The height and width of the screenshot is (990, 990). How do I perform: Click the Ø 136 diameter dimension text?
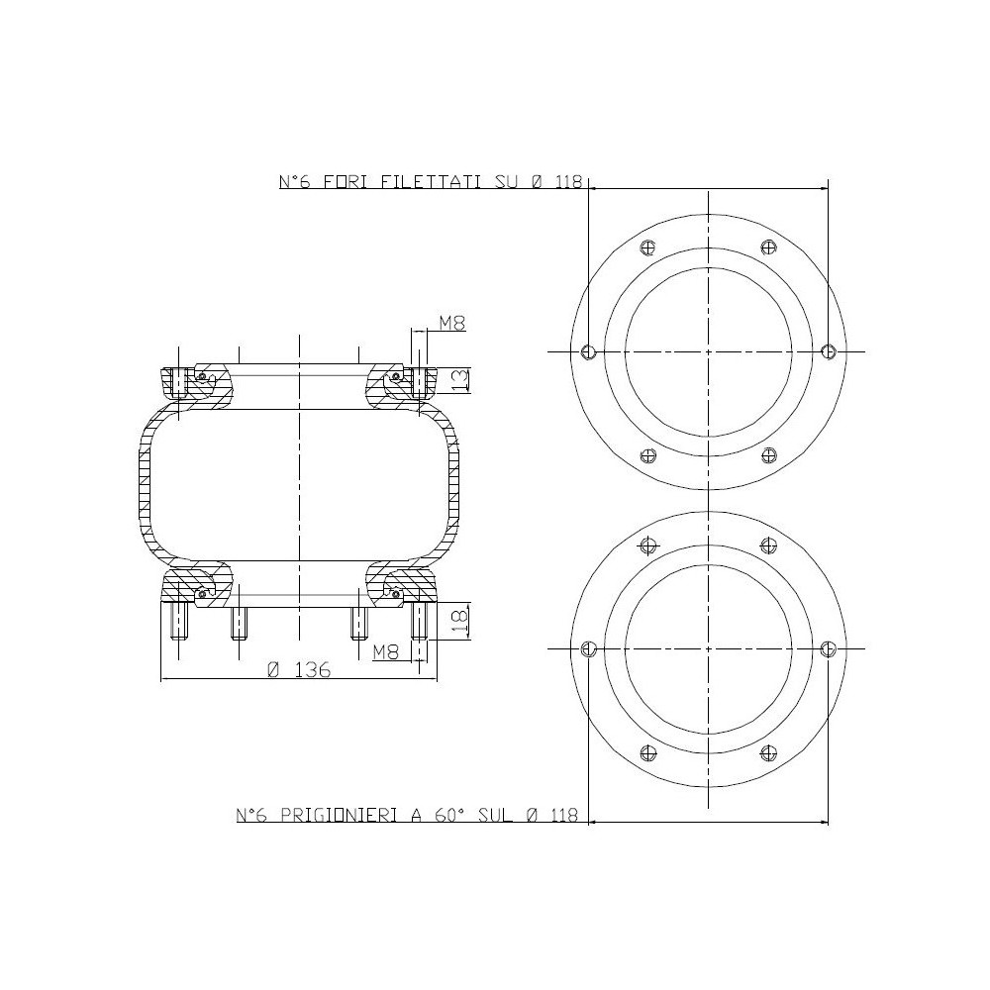[x=298, y=669]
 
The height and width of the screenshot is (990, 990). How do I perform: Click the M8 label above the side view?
[x=450, y=323]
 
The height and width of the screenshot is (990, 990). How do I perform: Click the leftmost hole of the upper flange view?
[x=588, y=351]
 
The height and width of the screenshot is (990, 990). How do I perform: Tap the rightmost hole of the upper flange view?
[x=829, y=351]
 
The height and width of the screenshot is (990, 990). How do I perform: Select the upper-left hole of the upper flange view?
[x=648, y=247]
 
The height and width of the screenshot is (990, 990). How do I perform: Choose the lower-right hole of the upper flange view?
[x=768, y=455]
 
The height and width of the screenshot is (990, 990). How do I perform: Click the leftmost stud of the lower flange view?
[x=588, y=648]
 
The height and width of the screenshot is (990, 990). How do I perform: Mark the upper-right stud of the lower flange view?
[x=768, y=544]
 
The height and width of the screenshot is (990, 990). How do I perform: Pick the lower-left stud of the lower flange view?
[x=648, y=752]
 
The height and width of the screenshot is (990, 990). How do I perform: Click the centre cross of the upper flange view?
[x=708, y=351]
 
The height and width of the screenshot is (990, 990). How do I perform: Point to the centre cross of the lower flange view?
[x=708, y=648]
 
